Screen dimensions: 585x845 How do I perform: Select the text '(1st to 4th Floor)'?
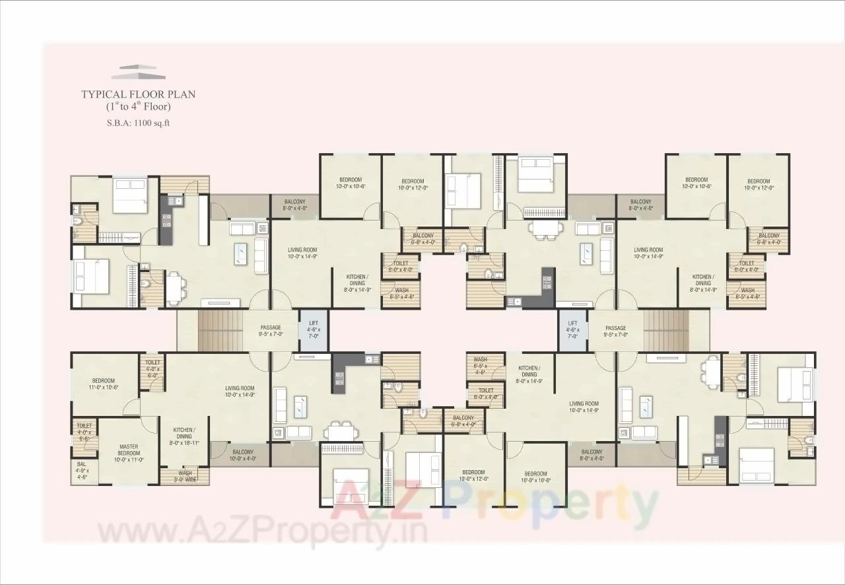coord(138,106)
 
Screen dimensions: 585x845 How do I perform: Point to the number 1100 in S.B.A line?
coord(145,122)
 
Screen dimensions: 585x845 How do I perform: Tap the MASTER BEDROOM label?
coord(129,450)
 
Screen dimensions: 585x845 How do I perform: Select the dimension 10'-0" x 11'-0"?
coord(129,460)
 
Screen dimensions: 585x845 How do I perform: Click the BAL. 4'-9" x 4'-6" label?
coord(83,471)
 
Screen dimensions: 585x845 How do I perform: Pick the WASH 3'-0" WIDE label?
coord(185,476)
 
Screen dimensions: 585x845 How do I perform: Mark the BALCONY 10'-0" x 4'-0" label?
coord(242,456)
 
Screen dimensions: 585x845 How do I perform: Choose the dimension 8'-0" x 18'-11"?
coord(184,444)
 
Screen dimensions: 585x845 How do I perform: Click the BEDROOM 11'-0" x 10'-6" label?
coord(104,384)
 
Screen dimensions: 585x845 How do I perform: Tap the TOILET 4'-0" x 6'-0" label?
coord(152,368)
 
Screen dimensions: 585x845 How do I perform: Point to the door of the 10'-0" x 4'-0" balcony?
coord(219,450)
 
